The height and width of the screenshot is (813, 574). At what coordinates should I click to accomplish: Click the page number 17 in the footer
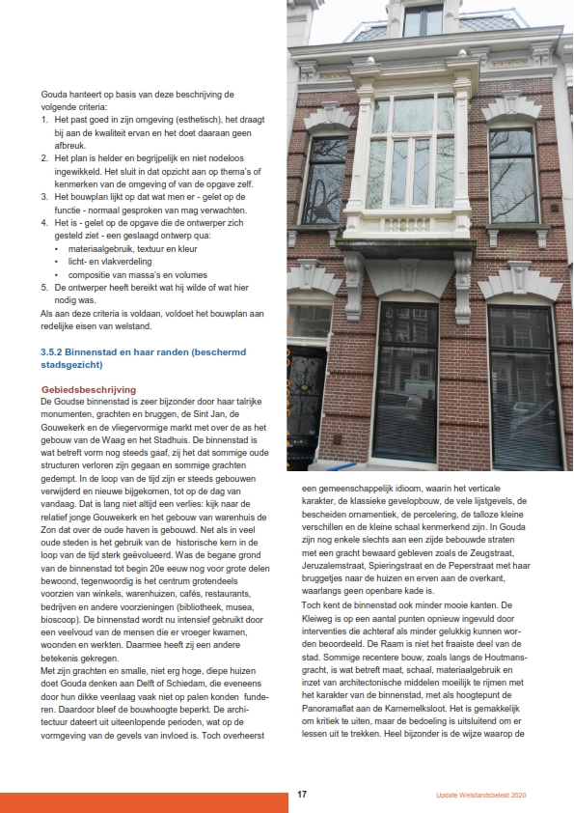coord(302,795)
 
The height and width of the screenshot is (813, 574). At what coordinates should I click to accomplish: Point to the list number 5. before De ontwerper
coord(44,288)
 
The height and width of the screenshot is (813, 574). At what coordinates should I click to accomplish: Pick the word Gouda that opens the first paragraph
coord(54,93)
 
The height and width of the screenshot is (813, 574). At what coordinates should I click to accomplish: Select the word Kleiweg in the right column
coord(321,616)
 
